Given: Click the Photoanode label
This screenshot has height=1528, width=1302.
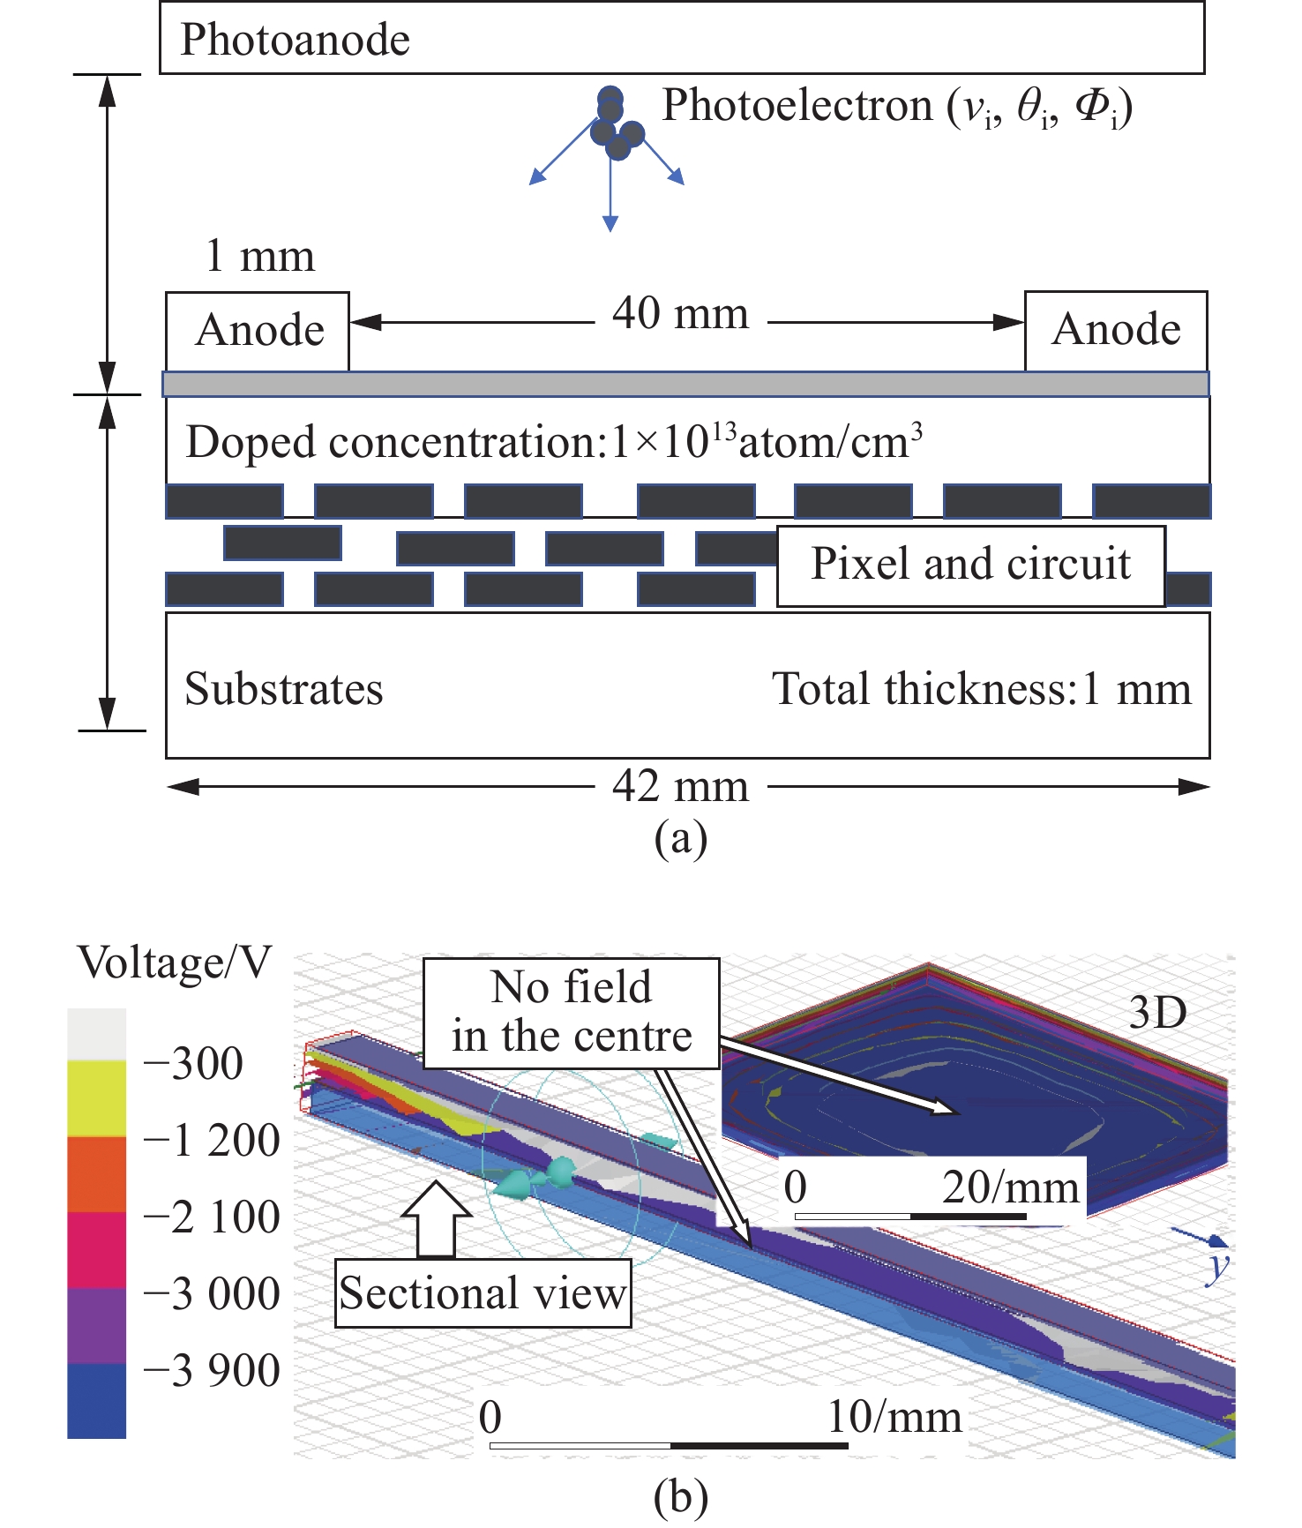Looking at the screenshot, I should point(295,40).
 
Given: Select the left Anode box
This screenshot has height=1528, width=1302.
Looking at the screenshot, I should point(258,331).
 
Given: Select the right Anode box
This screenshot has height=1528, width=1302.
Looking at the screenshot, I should point(1116,330).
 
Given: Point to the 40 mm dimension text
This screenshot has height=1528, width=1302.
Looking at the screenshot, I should point(680,314).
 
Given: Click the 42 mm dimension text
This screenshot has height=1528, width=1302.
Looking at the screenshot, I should point(680,786).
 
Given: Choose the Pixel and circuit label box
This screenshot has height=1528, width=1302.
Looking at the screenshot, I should point(970,566).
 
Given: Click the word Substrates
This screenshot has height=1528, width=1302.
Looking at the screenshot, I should point(284,689).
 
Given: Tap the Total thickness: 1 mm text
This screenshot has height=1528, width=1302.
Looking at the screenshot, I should point(981,689).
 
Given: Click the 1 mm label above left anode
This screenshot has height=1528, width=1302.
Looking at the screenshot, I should point(259,257).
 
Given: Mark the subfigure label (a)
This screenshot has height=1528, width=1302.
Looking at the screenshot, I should point(680,838).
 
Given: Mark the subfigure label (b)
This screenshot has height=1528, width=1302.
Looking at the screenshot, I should point(680,1497).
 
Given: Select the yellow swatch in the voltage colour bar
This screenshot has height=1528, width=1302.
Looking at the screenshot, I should point(96,1097).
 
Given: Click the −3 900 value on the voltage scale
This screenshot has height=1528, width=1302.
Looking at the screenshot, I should point(212,1371).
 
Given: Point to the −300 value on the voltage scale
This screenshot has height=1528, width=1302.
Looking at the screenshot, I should point(193,1064).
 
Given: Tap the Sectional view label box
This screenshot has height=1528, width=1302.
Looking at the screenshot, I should point(483,1293).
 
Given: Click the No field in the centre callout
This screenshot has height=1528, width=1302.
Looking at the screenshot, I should point(572,1013).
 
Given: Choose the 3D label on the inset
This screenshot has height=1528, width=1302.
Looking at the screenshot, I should point(1157,1014).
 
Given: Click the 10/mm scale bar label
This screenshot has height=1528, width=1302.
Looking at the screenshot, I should point(894,1418).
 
